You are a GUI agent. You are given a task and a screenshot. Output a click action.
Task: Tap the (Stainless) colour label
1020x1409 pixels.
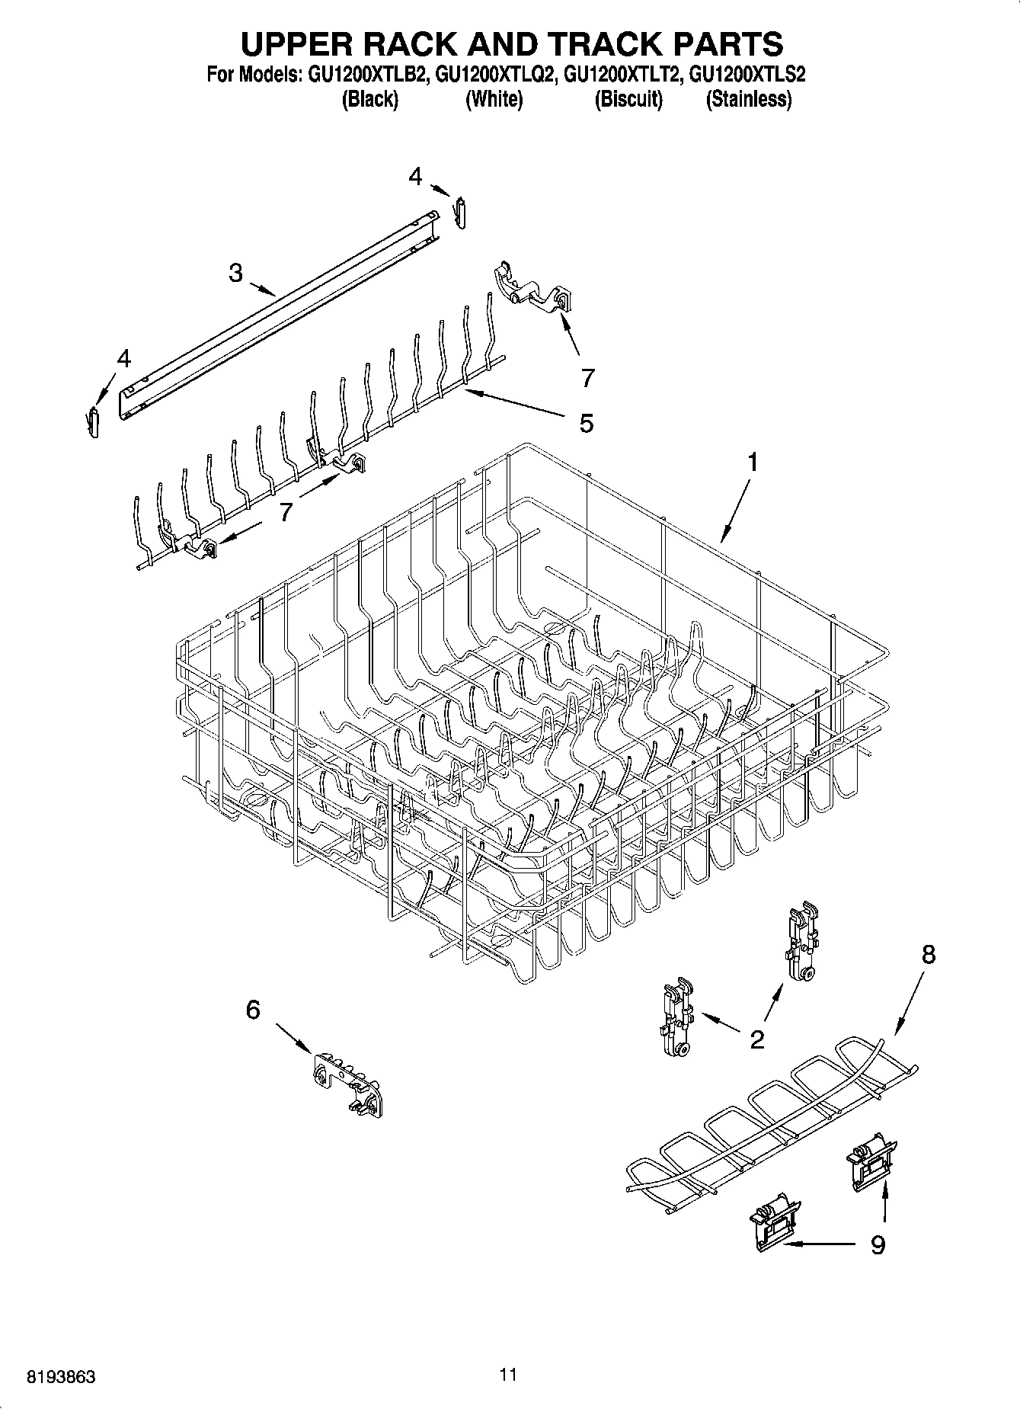click(x=749, y=99)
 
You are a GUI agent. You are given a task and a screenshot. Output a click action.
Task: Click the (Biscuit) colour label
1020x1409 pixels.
click(x=628, y=99)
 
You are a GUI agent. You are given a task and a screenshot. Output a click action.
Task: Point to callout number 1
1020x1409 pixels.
click(x=752, y=462)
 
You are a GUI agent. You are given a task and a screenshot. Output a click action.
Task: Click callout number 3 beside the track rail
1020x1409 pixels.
click(x=236, y=273)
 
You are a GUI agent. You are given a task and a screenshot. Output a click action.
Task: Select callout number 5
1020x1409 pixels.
click(x=586, y=423)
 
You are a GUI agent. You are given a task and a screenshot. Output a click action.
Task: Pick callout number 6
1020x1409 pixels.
click(x=253, y=1010)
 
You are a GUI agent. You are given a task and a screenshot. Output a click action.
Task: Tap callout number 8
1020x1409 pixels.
click(x=928, y=954)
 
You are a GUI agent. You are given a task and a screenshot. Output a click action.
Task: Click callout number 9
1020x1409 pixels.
click(x=878, y=1245)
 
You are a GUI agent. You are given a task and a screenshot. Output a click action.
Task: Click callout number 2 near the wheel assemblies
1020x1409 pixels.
click(x=757, y=1039)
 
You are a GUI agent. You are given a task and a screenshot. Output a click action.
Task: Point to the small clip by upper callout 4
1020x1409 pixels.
click(x=461, y=212)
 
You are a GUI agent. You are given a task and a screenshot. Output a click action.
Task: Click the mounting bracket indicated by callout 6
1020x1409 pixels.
click(x=347, y=1080)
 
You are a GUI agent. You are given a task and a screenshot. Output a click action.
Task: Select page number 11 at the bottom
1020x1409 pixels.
click(x=509, y=1374)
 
